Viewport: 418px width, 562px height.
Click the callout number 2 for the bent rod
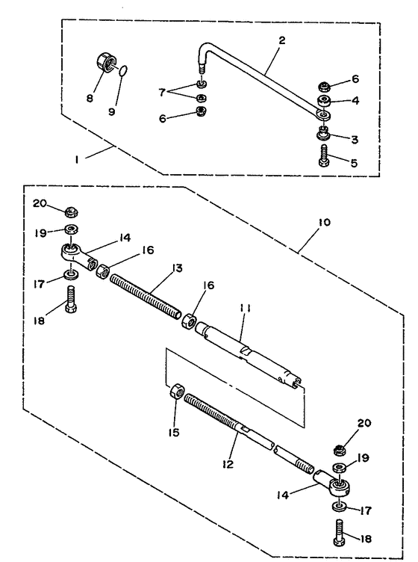click(x=282, y=40)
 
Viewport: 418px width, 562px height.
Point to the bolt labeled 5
click(x=324, y=155)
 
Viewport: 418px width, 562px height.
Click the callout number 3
click(x=354, y=140)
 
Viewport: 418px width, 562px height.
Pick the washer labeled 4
click(x=323, y=101)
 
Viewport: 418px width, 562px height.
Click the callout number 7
click(x=162, y=92)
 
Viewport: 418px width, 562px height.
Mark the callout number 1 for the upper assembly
click(x=77, y=159)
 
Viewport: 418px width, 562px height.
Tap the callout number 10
click(x=324, y=222)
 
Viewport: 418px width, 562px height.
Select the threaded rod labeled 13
click(x=146, y=297)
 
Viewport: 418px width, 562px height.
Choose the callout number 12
click(x=228, y=464)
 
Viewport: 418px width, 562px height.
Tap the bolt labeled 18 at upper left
click(x=71, y=299)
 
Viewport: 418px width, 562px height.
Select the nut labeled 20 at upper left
click(x=72, y=212)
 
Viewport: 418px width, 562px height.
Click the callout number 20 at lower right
click(x=364, y=423)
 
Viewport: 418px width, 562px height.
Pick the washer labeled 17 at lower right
click(x=339, y=507)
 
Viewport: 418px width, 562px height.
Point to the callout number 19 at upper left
click(x=40, y=233)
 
